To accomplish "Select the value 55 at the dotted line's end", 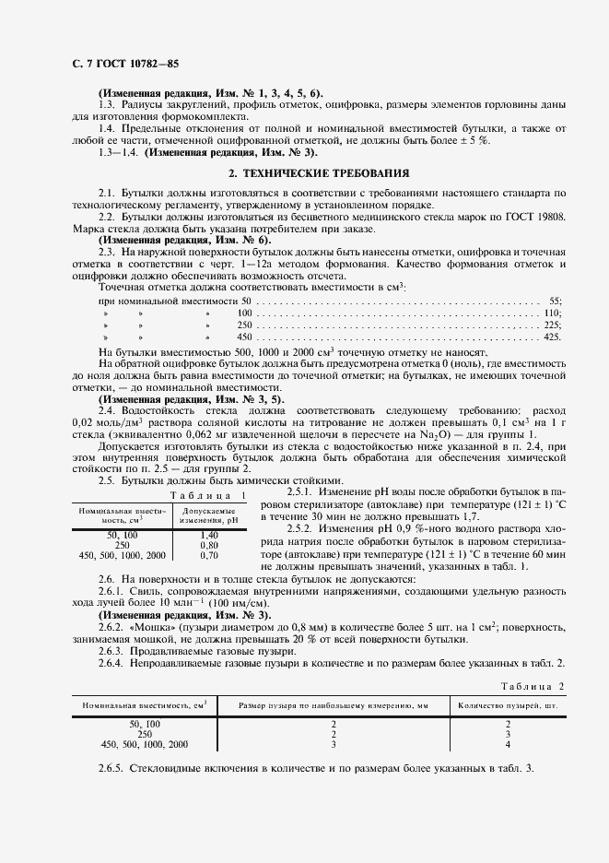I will click(555, 301).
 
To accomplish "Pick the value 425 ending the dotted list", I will click(552, 338).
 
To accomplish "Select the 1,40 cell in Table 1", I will click(209, 535).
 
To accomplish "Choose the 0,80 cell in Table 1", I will click(209, 545).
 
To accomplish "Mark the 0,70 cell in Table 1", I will click(209, 556).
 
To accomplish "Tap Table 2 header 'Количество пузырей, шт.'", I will click(508, 705).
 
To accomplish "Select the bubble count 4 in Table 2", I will click(508, 744).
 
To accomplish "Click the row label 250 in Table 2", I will click(145, 734).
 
